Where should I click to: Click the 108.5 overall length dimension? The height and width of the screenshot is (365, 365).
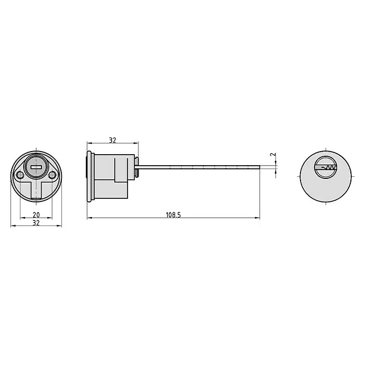pyautogui.click(x=173, y=214)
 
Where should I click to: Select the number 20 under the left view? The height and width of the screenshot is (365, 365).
pyautogui.click(x=36, y=214)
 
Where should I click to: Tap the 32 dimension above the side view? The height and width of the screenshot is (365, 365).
pyautogui.click(x=112, y=140)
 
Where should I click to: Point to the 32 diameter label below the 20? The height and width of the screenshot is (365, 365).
pyautogui.click(x=36, y=223)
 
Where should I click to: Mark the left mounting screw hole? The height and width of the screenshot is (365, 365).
pyautogui.click(x=20, y=175)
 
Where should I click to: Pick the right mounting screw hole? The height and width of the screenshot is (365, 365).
pyautogui.click(x=52, y=175)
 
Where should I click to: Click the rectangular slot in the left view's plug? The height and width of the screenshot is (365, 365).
pyautogui.click(x=36, y=167)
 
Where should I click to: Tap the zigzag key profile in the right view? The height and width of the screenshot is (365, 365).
pyautogui.click(x=328, y=168)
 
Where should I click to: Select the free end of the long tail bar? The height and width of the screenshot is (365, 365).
pyautogui.click(x=260, y=167)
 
